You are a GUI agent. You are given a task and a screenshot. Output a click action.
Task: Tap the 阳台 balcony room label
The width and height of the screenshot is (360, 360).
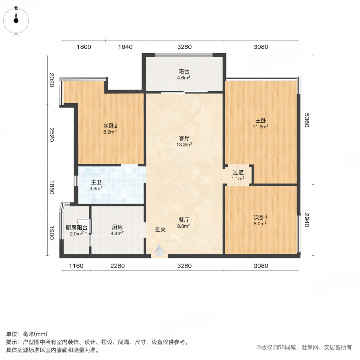[x=184, y=72]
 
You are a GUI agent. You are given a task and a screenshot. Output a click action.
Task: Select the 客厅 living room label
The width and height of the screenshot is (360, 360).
[x=184, y=138]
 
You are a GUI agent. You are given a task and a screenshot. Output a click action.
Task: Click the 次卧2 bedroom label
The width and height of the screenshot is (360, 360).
[x=110, y=125]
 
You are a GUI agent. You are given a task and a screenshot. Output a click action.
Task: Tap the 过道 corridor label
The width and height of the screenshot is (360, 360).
[x=238, y=173]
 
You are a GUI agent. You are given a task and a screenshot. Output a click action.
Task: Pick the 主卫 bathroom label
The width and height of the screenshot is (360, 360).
[x=96, y=182]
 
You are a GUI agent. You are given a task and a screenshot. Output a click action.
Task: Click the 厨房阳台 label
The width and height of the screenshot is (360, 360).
[x=76, y=228]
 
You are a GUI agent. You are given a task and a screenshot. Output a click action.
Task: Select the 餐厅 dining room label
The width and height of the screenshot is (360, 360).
[x=184, y=220]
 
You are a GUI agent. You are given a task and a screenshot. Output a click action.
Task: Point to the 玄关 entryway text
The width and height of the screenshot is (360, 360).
[x=160, y=230]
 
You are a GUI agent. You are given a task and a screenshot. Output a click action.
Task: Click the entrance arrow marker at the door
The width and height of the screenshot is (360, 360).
[x=160, y=251]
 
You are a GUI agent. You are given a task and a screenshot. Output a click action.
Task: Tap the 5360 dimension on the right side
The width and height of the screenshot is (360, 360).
[x=307, y=120]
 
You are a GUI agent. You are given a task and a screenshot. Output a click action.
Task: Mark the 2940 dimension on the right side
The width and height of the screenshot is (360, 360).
[x=307, y=220]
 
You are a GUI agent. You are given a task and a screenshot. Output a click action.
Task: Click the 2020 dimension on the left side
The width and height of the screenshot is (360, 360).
[x=52, y=80]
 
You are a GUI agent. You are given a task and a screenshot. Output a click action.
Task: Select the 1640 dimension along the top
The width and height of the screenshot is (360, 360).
[x=125, y=47]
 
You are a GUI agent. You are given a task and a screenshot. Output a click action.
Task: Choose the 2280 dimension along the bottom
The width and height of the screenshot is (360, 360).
[x=118, y=266]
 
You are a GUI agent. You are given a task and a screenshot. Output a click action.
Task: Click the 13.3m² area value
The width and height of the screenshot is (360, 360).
[x=184, y=145]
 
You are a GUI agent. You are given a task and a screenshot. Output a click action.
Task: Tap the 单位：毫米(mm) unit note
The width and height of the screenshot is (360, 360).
[x=27, y=334]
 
